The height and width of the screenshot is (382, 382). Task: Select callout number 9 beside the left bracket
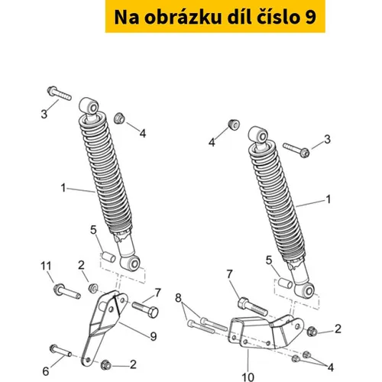pos(154,336)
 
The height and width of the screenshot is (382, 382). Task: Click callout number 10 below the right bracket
pos(248,377)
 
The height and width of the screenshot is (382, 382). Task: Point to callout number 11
pos(46,266)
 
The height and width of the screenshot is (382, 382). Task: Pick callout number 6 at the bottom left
pos(46,371)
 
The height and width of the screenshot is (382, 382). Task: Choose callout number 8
pos(178,297)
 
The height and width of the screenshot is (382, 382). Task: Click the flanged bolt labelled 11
pos(67,292)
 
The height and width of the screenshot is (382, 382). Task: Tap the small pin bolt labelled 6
pos(60,351)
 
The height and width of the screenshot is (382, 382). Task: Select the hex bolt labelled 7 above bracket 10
pos(252,307)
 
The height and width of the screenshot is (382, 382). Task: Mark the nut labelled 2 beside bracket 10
pos(312,332)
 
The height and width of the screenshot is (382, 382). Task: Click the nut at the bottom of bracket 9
pos(106,365)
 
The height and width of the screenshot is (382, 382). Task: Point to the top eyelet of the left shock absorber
pos(89,106)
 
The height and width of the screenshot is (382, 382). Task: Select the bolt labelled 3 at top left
pos(59,93)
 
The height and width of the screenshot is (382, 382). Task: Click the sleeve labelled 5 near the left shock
pos(108,257)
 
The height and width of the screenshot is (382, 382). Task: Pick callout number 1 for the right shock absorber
pos(329,199)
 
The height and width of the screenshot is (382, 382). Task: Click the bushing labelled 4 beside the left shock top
pos(119,118)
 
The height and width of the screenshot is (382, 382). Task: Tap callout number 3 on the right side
pos(327,139)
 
